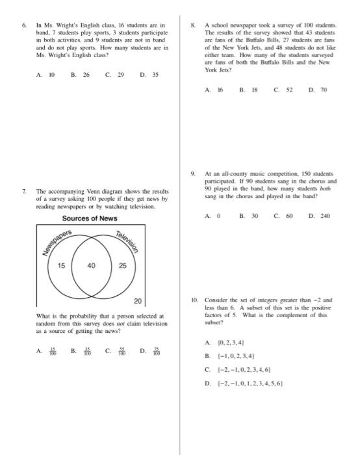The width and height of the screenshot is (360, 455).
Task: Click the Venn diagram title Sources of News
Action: tap(90, 218)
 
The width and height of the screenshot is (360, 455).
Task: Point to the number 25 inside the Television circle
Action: tap(123, 266)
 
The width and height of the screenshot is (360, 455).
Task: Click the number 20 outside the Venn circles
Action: tap(136, 301)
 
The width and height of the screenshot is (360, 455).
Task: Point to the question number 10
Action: tap(194, 301)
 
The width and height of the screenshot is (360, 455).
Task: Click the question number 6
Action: tap(24, 26)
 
